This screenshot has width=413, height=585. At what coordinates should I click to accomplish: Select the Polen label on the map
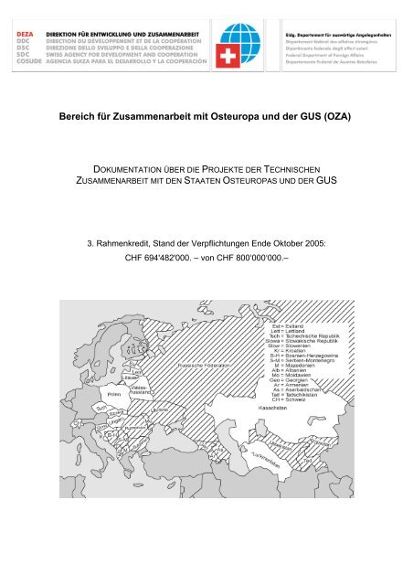(90, 394)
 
